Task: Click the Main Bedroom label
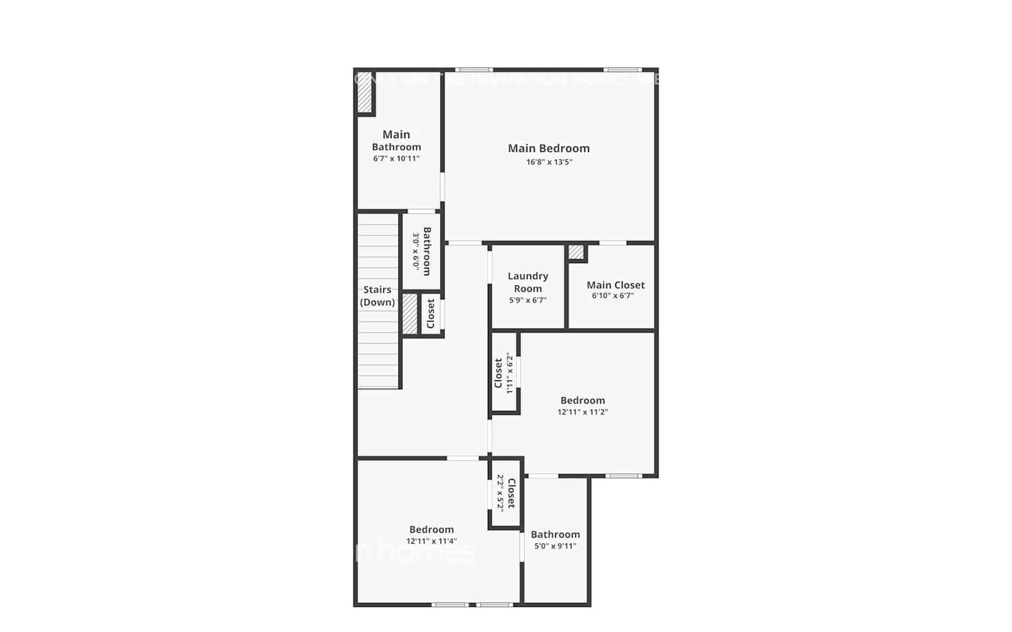click(549, 148)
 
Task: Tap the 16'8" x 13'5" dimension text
click(549, 162)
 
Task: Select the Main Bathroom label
click(397, 140)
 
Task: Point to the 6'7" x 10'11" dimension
click(397, 159)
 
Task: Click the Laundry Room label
click(528, 282)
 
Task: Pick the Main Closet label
click(615, 285)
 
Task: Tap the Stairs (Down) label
click(377, 295)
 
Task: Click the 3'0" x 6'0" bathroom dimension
click(416, 252)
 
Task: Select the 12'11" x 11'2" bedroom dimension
click(582, 411)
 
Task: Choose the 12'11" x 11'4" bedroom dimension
click(431, 541)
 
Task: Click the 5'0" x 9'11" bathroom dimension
click(555, 546)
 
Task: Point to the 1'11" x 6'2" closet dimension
click(510, 373)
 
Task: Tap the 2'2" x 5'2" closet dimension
click(501, 492)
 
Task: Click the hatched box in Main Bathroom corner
click(365, 92)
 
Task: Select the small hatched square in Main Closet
click(576, 252)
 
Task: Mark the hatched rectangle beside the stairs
click(410, 314)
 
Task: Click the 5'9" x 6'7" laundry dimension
click(528, 300)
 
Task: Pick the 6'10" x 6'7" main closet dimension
click(613, 295)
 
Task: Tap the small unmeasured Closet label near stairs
click(430, 314)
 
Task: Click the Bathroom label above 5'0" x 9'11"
click(555, 534)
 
